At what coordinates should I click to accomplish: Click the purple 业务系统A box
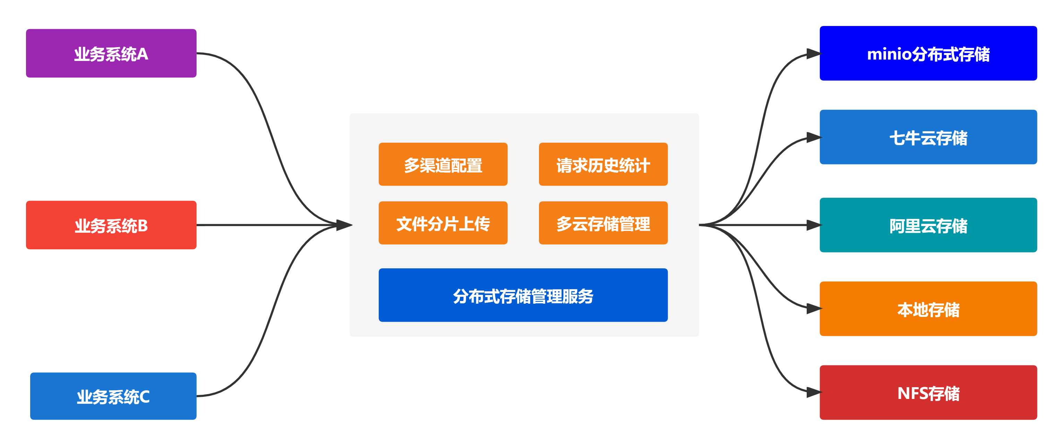(111, 53)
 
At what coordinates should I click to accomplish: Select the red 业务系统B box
(111, 225)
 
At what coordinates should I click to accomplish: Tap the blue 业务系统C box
(113, 396)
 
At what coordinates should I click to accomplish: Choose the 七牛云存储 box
(928, 137)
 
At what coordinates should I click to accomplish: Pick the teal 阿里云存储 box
(928, 225)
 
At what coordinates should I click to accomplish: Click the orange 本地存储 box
(928, 309)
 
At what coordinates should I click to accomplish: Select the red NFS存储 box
(928, 392)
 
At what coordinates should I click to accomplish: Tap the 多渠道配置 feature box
(443, 164)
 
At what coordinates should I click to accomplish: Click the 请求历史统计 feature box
(603, 164)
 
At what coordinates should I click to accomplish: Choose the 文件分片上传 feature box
(443, 223)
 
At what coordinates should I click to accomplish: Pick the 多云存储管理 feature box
(603, 223)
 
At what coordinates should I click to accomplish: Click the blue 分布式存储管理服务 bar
(523, 295)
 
